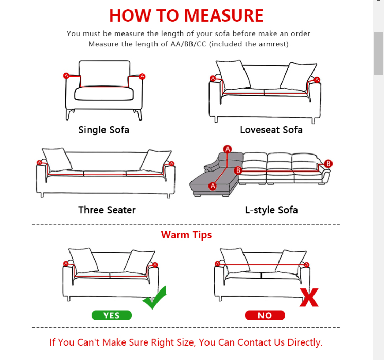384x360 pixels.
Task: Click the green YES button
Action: point(111,315)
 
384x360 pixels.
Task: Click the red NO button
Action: point(265,315)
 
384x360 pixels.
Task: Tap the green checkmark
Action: point(155,298)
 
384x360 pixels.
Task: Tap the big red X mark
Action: point(309,298)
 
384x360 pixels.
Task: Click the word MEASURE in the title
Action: point(223,15)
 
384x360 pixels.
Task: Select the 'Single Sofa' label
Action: point(103,130)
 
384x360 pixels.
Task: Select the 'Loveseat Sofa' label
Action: point(271,130)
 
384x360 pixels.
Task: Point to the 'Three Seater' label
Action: point(107,210)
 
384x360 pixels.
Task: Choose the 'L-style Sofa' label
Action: point(271,210)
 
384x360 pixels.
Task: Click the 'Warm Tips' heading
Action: point(186,235)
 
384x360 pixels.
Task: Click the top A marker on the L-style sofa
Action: point(228,149)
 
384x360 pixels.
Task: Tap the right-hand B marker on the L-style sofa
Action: point(328,163)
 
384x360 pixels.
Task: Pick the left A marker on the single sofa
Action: point(66,76)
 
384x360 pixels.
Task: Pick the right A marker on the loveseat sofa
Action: point(317,80)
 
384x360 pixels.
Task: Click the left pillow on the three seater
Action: point(57,159)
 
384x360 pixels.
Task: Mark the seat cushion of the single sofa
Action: point(104,94)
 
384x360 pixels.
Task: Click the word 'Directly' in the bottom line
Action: point(305,342)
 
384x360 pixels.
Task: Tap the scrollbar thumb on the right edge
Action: point(379,54)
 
